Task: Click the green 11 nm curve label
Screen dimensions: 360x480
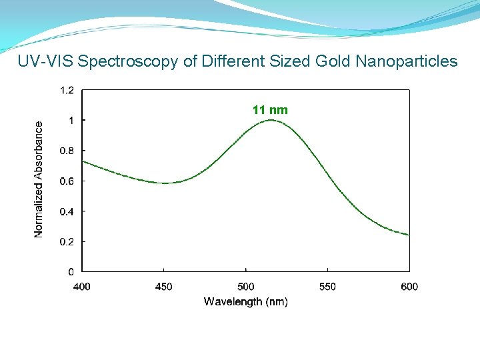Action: pyautogui.click(x=270, y=110)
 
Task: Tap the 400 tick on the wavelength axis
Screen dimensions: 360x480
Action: pyautogui.click(x=81, y=287)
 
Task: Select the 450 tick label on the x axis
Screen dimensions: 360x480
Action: pyautogui.click(x=163, y=287)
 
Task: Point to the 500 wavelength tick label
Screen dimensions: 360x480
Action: pyautogui.click(x=245, y=287)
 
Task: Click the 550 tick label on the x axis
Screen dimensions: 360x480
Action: pyautogui.click(x=327, y=287)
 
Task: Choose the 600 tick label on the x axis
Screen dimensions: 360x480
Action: pyautogui.click(x=409, y=287)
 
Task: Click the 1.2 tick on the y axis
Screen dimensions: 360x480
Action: pyautogui.click(x=67, y=90)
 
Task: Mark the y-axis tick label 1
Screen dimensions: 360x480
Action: pyautogui.click(x=71, y=121)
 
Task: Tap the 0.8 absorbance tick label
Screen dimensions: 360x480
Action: pyautogui.click(x=67, y=151)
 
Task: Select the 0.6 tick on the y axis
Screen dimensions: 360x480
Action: pyautogui.click(x=67, y=181)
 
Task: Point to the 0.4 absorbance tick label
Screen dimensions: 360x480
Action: pyautogui.click(x=67, y=211)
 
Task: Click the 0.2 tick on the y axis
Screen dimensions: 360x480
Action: pyautogui.click(x=67, y=241)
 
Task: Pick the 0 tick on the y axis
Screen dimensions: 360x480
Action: pyautogui.click(x=71, y=272)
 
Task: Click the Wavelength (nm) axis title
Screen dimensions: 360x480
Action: pyautogui.click(x=245, y=302)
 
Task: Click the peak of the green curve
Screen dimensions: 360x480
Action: pyautogui.click(x=271, y=120)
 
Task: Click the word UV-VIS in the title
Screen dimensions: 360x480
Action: pyautogui.click(x=45, y=62)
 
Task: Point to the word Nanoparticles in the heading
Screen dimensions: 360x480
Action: pyautogui.click(x=407, y=62)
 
